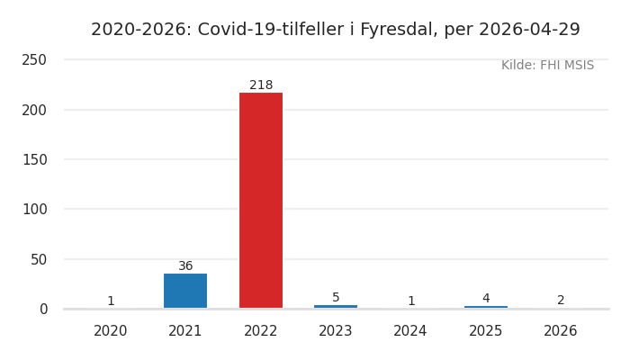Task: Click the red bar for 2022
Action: tap(261, 200)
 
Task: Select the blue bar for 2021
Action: tap(185, 291)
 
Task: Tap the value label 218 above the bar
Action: tap(261, 85)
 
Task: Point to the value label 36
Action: tap(185, 266)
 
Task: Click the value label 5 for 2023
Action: tap(336, 298)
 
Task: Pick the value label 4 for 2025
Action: tap(486, 299)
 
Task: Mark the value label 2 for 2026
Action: tap(561, 301)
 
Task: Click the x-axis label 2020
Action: tap(111, 331)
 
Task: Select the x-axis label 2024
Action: tap(410, 331)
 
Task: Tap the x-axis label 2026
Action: tap(561, 331)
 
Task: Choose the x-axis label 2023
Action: tap(336, 331)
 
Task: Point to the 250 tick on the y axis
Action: tap(34, 60)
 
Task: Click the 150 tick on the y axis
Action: tap(34, 159)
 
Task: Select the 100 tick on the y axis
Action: tap(34, 210)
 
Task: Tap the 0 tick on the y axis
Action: tap(42, 309)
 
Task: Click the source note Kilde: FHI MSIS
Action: tap(547, 66)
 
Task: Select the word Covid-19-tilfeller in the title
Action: tap(270, 30)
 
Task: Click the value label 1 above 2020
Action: tap(111, 301)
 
